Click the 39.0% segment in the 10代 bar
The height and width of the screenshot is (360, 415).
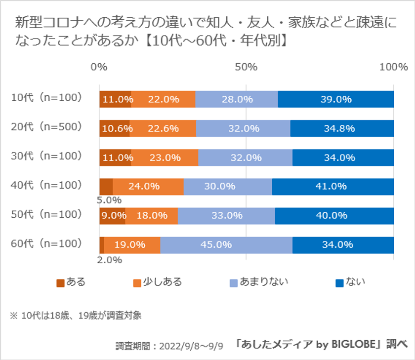point(336,99)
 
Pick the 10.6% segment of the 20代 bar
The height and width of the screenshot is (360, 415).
point(115,128)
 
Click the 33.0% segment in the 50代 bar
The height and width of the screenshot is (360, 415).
point(226,216)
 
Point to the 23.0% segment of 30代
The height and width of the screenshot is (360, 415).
point(165,158)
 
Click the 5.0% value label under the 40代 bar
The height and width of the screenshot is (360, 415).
point(110,200)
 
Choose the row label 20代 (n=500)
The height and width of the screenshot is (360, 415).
point(46,127)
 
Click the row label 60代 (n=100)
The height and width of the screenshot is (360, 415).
point(46,243)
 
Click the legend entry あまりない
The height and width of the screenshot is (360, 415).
point(264,282)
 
